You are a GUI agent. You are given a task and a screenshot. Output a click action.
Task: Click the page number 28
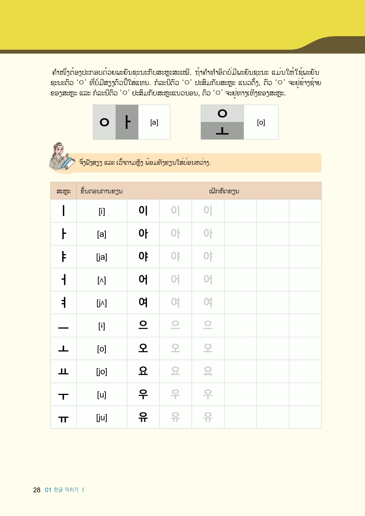(36, 490)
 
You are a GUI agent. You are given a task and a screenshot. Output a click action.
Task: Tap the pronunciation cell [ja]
(102, 257)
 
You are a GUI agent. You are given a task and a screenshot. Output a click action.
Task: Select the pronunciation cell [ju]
(102, 417)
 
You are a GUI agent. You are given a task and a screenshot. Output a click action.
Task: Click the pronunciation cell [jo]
(102, 372)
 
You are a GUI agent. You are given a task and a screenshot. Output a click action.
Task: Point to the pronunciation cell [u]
(102, 395)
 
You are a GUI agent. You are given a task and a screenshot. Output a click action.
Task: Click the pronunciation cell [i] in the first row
(102, 211)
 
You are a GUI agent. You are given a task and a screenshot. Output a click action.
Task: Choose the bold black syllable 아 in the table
(143, 234)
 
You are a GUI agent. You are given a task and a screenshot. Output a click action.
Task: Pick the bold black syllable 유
(143, 417)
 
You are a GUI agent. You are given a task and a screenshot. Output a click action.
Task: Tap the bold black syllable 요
(143, 371)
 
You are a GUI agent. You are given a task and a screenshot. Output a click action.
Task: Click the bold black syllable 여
(143, 302)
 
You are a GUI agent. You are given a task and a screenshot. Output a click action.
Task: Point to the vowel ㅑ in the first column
(63, 257)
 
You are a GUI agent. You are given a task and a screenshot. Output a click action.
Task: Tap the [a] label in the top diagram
(154, 122)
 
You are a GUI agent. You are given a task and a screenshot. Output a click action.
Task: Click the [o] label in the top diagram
(261, 122)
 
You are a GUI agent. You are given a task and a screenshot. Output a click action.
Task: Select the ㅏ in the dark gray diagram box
(127, 122)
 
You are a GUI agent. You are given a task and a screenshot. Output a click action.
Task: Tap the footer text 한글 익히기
(66, 490)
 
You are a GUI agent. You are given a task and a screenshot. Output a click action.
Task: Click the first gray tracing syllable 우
(175, 394)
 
